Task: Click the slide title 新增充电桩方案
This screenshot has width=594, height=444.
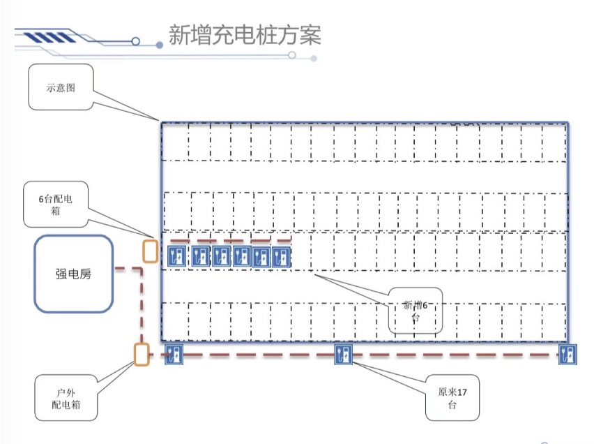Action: [245, 35]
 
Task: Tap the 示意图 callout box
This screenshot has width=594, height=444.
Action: [61, 87]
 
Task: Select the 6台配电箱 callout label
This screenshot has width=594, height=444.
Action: [55, 205]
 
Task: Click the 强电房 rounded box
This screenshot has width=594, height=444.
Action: [74, 274]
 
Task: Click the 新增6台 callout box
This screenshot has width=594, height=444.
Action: [416, 310]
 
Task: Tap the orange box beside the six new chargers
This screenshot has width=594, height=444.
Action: [150, 251]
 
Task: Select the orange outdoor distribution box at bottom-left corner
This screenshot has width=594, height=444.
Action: [142, 355]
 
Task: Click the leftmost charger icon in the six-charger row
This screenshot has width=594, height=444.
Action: [176, 256]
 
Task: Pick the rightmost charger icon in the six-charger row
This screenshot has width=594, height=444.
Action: [281, 256]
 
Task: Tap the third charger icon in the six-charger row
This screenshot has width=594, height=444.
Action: [221, 256]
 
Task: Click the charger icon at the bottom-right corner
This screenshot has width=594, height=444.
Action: [568, 355]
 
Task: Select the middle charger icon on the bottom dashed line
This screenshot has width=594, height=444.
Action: [343, 355]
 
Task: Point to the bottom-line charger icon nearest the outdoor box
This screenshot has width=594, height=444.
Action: [174, 355]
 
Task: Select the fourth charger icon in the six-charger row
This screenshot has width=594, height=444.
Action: [243, 256]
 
